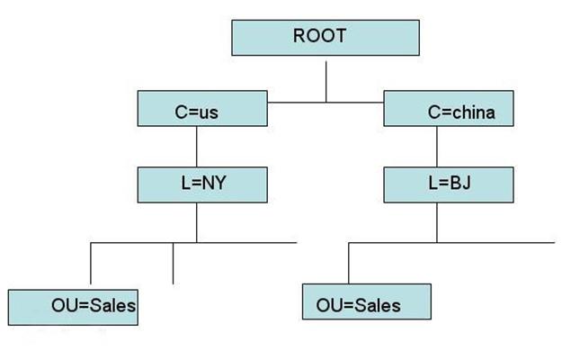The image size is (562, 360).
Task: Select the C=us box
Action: click(x=203, y=112)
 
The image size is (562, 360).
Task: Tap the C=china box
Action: click(x=450, y=112)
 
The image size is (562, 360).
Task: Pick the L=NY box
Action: click(x=203, y=184)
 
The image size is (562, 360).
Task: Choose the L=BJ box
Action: click(x=450, y=185)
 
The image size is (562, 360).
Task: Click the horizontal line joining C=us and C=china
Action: click(x=326, y=102)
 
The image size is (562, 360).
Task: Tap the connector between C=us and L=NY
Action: click(x=196, y=146)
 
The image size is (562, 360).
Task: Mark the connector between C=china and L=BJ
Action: click(x=437, y=147)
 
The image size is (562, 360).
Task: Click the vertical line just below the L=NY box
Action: click(x=196, y=222)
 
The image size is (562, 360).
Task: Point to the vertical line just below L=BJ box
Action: click(x=437, y=223)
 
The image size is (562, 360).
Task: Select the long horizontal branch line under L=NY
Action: click(x=243, y=243)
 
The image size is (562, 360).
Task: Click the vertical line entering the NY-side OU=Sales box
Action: click(x=91, y=265)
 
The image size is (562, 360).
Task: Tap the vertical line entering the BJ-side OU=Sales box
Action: click(x=348, y=263)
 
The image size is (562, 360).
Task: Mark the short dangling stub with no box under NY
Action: click(x=173, y=264)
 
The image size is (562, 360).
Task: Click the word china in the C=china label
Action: click(x=475, y=113)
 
